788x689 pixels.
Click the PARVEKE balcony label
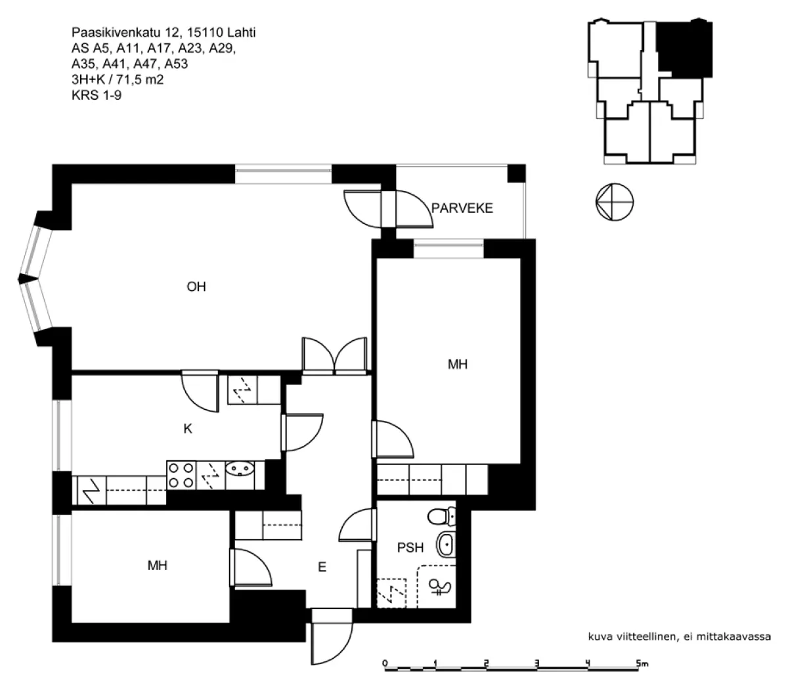[462, 208]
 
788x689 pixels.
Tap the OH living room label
[196, 286]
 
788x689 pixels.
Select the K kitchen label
[188, 429]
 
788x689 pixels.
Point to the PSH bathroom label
[410, 547]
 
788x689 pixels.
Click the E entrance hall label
[322, 567]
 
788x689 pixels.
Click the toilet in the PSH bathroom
[442, 516]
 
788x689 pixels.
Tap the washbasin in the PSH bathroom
[446, 545]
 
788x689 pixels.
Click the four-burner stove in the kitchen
[181, 476]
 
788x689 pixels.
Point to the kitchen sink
[240, 469]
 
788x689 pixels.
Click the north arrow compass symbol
[615, 202]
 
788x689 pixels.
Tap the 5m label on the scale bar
[642, 663]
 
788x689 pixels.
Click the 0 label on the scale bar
[385, 663]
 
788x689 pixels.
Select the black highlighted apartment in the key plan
[684, 48]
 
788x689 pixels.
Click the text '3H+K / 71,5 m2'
[118, 79]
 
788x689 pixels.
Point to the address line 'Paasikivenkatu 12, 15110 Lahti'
[164, 32]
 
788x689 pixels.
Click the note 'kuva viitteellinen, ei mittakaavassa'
[680, 636]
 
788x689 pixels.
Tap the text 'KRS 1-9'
[97, 95]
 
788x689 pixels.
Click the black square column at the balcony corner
[516, 173]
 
